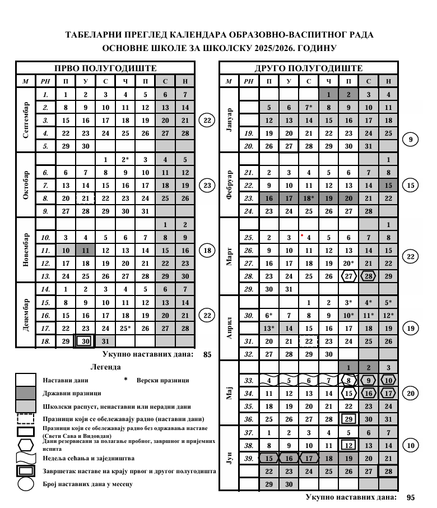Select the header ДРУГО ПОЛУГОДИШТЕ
point(308,68)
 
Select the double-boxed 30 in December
point(85,341)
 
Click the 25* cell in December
point(125,329)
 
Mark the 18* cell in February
point(308,198)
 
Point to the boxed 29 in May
point(348,419)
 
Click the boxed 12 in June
point(348,446)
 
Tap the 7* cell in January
point(308,107)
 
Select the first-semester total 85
point(207,354)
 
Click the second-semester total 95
point(411,497)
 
